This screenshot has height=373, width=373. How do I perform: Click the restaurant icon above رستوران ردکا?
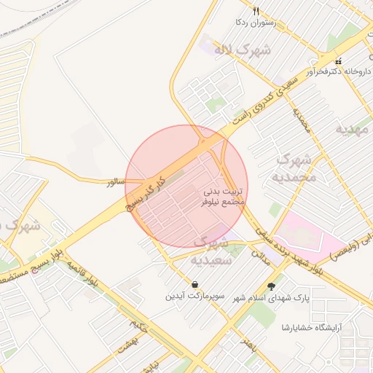pyautogui.click(x=256, y=11)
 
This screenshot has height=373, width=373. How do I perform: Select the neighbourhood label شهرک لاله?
pyautogui.click(x=242, y=50)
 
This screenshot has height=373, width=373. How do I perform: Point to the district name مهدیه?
pyautogui.click(x=352, y=128)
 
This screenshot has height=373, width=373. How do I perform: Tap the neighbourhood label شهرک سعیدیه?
pyautogui.click(x=211, y=250)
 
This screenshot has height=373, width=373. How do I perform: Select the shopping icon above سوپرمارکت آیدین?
pyautogui.click(x=195, y=284)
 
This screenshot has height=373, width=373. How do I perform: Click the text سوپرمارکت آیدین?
pyautogui.click(x=195, y=297)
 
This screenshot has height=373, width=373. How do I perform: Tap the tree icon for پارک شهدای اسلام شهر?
pyautogui.click(x=272, y=286)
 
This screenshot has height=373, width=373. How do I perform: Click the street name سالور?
pyautogui.click(x=117, y=181)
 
